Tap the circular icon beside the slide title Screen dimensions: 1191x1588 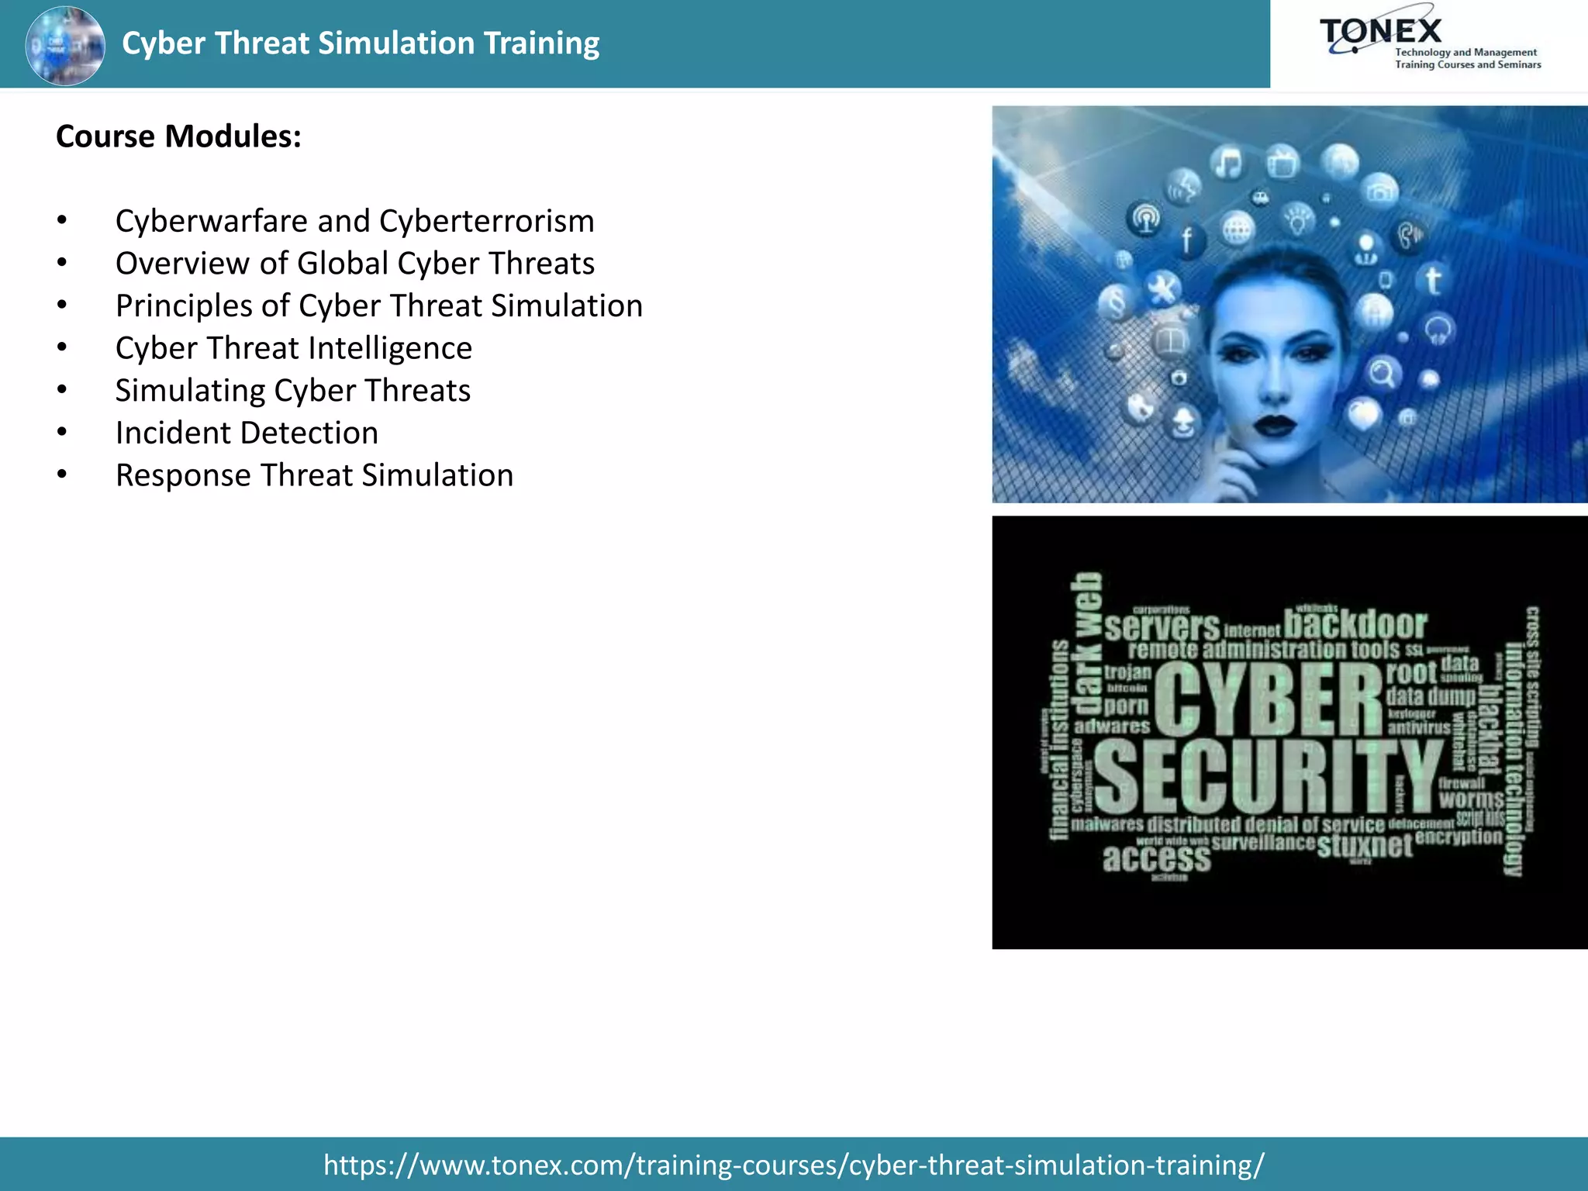[65, 45]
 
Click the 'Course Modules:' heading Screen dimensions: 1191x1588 [178, 136]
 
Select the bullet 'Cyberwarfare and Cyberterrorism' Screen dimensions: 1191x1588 [354, 221]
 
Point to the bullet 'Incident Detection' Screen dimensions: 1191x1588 [247, 433]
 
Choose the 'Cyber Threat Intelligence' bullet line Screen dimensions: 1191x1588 [293, 348]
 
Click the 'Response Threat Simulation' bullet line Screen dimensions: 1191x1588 [314, 475]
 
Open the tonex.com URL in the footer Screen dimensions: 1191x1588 [793, 1165]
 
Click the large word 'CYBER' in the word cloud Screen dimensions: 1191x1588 [1269, 699]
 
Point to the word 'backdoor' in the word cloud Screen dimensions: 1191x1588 [1355, 624]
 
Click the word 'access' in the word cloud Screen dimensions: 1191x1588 [1156, 858]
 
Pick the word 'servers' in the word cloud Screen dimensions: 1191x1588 [1162, 627]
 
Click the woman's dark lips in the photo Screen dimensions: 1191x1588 [1275, 425]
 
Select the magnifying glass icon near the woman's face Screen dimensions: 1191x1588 [1382, 374]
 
